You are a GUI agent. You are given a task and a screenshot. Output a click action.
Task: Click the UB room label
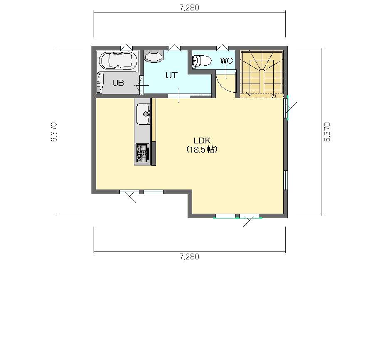(x=118, y=83)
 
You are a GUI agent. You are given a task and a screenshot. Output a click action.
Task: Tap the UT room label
(x=171, y=75)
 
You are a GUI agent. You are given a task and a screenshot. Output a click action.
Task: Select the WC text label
(x=226, y=61)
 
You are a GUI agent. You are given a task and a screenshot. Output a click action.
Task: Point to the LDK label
(x=202, y=140)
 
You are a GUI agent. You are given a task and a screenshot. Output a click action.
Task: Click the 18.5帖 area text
(x=202, y=150)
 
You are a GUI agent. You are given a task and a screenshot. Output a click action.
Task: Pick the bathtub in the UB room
(x=118, y=61)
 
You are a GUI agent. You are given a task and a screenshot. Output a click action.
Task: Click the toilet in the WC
(x=202, y=61)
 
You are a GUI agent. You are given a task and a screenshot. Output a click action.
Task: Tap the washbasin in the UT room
(x=154, y=56)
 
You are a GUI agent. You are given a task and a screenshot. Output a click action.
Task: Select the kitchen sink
(x=144, y=114)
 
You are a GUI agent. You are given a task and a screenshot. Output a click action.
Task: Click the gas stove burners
(x=142, y=153)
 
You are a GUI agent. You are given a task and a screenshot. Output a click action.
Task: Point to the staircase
(x=262, y=72)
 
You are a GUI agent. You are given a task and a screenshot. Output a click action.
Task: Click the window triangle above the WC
(x=223, y=47)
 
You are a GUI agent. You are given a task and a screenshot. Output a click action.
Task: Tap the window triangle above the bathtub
(x=126, y=47)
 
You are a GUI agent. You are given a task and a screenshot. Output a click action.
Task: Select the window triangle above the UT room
(x=174, y=47)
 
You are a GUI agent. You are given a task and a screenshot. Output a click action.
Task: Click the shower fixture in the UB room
(x=99, y=82)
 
